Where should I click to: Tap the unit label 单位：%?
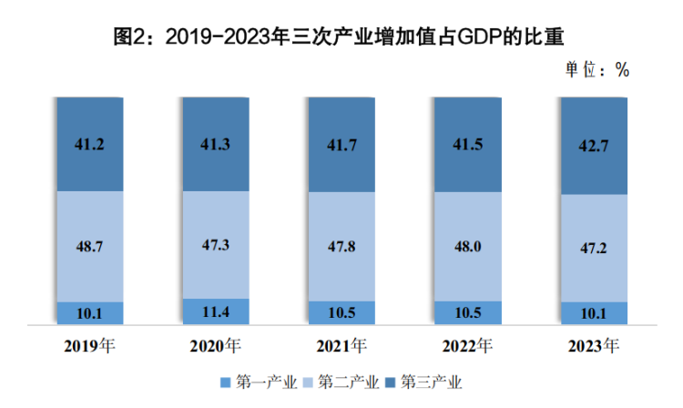(x=597, y=70)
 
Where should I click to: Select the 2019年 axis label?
(x=90, y=346)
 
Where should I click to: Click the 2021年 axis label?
(x=341, y=346)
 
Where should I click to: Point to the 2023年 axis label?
(x=593, y=346)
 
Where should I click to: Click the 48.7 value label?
(x=90, y=246)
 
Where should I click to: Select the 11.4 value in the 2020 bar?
(x=216, y=313)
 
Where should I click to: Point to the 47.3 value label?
(x=216, y=244)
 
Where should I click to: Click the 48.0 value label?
(x=467, y=246)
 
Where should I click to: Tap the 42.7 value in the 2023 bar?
(x=593, y=146)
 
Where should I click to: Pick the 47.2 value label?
(x=593, y=248)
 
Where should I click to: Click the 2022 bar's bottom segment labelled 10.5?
(x=467, y=312)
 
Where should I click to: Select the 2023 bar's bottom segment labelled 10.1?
(x=593, y=313)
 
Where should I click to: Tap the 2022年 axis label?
(x=467, y=346)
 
